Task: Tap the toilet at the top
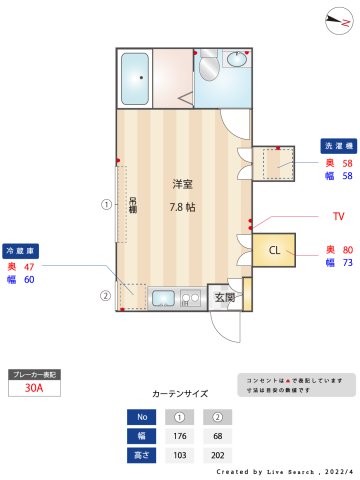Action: tap(208, 68)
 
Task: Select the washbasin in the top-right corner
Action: tap(239, 60)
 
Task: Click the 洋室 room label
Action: tap(182, 184)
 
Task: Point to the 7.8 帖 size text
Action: tap(182, 208)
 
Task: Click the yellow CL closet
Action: tap(272, 249)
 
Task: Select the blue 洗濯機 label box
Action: tap(337, 144)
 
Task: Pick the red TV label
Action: tap(338, 216)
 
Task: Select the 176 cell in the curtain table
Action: tap(181, 436)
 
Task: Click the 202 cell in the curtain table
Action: tap(217, 455)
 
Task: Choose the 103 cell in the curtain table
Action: tap(181, 455)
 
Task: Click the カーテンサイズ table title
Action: tap(180, 394)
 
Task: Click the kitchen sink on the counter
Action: tap(163, 298)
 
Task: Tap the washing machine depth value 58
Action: tap(347, 162)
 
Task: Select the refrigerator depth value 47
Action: tap(29, 267)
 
